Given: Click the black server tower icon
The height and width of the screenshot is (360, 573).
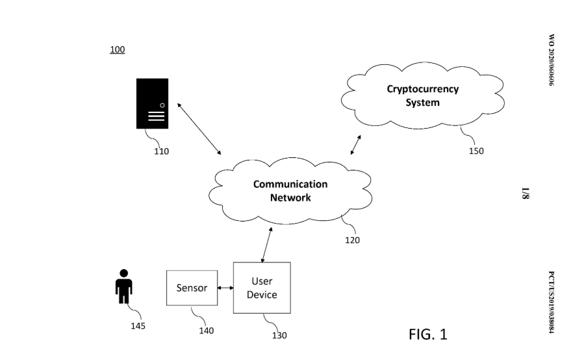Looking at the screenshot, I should [152, 103].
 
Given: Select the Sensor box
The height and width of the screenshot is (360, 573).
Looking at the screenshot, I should [192, 288].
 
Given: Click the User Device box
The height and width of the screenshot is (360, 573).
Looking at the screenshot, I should [262, 288].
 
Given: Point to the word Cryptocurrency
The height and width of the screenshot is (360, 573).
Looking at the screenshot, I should [422, 90].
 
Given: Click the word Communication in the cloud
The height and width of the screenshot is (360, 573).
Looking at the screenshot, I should [290, 184].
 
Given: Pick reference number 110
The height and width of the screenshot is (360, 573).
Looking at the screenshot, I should [161, 151].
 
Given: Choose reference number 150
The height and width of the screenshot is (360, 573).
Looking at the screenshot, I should [476, 151].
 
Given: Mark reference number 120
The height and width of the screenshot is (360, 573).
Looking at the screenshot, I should [352, 240].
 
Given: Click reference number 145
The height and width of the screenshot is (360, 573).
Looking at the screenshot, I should [138, 326].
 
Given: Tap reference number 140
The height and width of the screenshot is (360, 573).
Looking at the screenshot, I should [206, 330].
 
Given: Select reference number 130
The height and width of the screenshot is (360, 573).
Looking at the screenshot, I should [279, 335].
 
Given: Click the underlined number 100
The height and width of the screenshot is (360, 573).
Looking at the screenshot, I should [117, 49].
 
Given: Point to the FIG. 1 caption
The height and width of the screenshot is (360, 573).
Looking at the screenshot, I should [427, 334].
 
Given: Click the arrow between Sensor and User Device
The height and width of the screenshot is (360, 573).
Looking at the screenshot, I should [225, 287].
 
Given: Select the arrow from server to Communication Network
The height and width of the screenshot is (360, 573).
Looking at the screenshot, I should [199, 127].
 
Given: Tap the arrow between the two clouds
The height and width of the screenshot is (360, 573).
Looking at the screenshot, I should [357, 144].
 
